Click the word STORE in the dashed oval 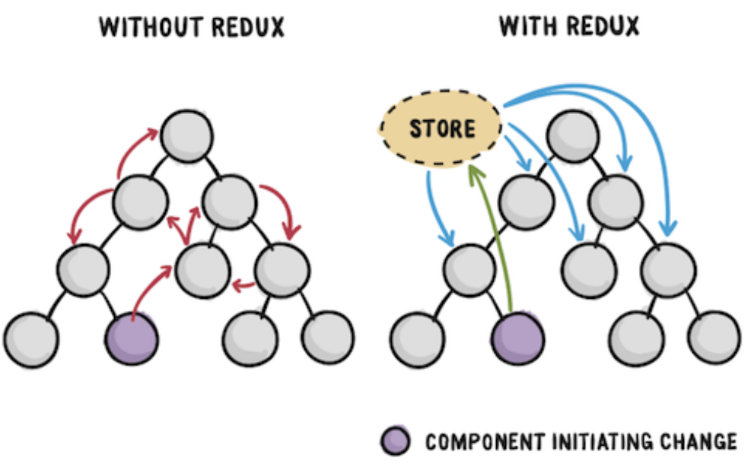point(442,129)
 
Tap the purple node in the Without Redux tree point(132,338)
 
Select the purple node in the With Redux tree point(517,338)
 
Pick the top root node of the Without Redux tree point(186,136)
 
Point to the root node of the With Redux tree point(573,136)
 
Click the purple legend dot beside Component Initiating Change point(396,440)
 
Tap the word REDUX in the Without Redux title point(248,27)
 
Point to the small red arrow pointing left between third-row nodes point(243,287)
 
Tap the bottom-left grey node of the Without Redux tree point(31,339)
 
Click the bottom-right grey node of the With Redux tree point(714,338)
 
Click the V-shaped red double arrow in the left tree point(184,225)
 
